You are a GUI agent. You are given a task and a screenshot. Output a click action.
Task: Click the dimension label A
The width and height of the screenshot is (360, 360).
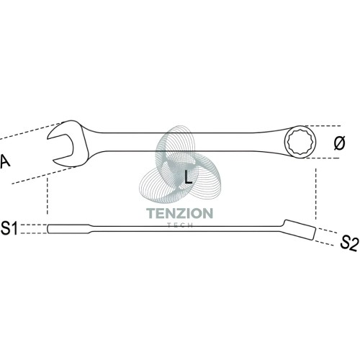point(5,161)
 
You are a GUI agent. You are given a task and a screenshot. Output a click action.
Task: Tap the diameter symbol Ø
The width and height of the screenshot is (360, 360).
point(339,143)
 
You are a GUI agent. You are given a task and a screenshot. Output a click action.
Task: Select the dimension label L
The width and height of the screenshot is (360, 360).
point(188,176)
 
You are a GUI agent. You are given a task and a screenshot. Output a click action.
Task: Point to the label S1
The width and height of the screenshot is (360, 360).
point(9,228)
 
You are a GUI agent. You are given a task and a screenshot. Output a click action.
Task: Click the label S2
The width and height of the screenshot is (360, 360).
point(349,243)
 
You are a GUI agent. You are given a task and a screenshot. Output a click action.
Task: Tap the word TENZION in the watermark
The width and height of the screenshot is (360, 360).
point(179,213)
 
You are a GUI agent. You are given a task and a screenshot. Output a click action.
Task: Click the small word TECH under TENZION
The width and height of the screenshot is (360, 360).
point(180,225)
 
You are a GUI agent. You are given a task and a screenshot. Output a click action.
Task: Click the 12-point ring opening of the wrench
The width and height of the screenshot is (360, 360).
point(300,142)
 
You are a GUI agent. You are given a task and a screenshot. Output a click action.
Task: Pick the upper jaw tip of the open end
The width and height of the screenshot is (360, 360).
point(48,138)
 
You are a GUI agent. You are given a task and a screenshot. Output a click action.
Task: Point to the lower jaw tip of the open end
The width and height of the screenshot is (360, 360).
point(54,160)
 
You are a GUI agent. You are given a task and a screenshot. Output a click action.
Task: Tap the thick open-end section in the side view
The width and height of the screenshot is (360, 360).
point(69,229)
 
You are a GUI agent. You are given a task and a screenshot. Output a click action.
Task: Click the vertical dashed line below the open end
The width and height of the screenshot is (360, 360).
point(48,195)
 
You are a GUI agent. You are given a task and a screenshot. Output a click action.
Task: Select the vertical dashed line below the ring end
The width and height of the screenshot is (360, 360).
point(316,194)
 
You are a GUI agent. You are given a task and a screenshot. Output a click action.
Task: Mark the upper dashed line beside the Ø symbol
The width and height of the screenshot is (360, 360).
point(323,126)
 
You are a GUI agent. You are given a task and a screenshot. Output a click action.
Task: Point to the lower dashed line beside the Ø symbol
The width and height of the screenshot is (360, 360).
point(323,158)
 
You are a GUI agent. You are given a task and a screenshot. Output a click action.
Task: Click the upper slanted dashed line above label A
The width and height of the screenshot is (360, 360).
point(31,131)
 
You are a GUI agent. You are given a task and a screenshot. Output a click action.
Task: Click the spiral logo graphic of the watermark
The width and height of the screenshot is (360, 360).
point(179,166)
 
